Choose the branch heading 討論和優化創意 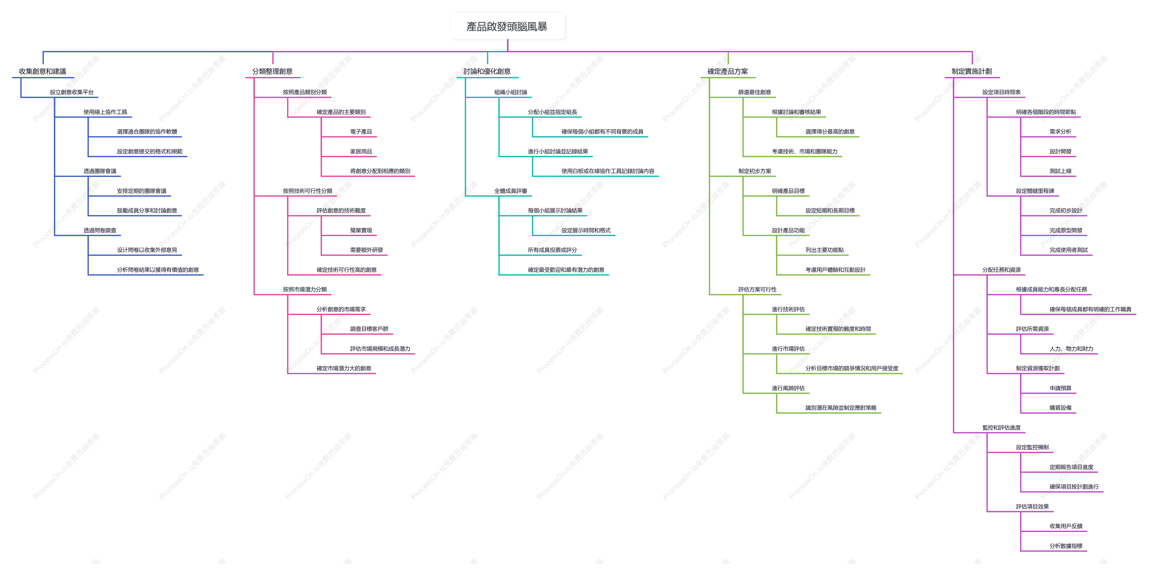pos(487,71)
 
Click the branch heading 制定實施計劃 pos(972,71)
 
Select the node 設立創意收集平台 pos(72,92)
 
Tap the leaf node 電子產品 pos(361,132)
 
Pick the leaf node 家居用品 pos(361,152)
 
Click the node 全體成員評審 pos(511,191)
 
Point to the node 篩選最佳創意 pos(755,92)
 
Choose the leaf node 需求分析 pos(1060,132)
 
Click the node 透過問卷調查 pos(100,231)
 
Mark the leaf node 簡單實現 pos(361,231)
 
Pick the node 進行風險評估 pos(788,388)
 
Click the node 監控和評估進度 pos(1001,428)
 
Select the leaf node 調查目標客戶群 pos(369,329)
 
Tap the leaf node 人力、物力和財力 pos(1071,349)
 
